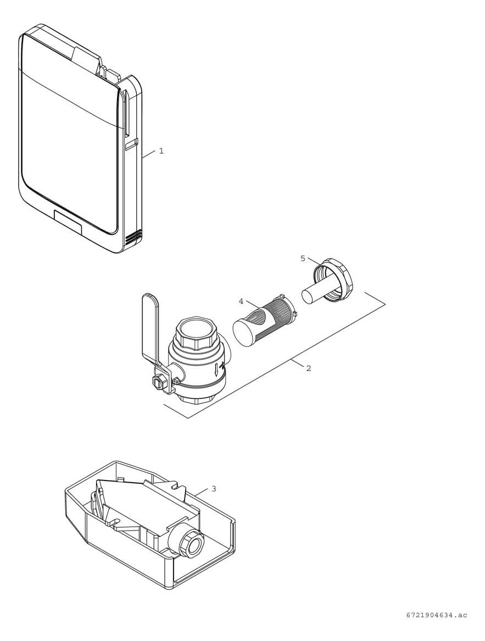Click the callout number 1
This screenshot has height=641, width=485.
tap(161, 151)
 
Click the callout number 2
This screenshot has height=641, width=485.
tap(308, 368)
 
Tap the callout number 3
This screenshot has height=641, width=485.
tap(214, 488)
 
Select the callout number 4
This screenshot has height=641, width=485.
tap(241, 301)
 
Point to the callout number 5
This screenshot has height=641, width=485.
tap(303, 258)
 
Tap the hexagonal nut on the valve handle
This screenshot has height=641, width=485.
tap(159, 381)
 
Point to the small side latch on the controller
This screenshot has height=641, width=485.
tap(131, 145)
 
